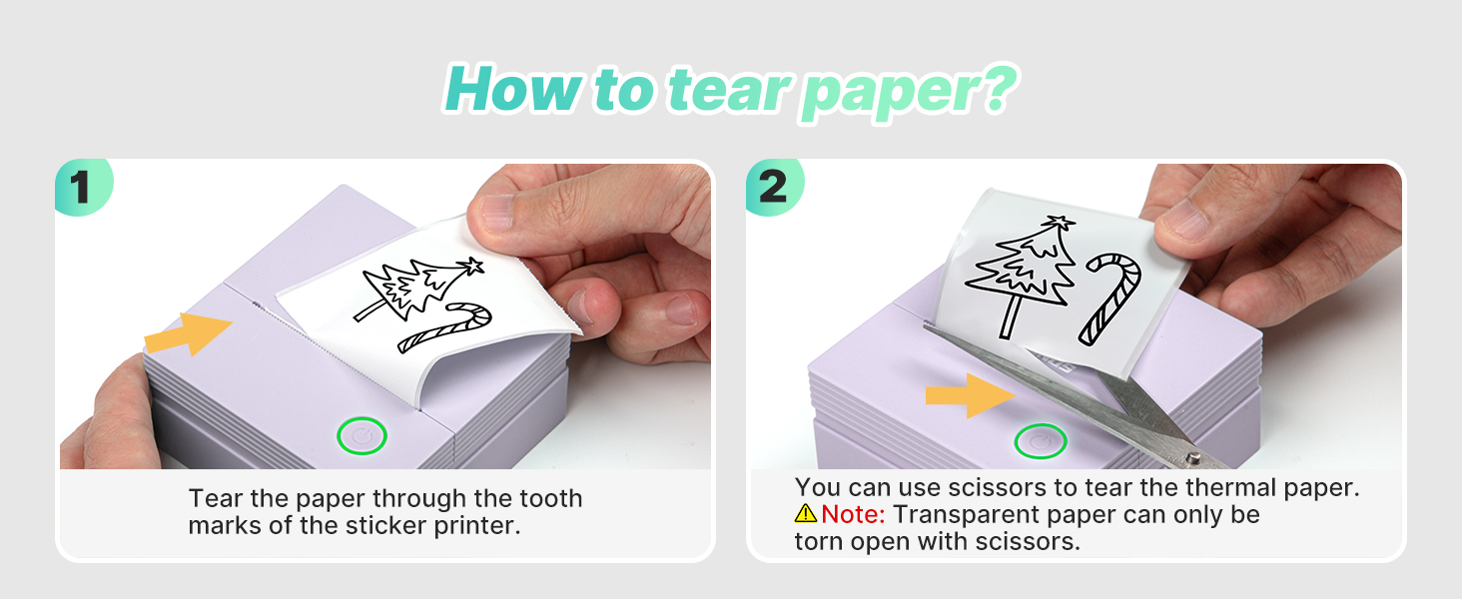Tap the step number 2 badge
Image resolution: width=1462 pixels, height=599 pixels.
(x=772, y=188)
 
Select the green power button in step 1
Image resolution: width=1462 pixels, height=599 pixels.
(x=362, y=436)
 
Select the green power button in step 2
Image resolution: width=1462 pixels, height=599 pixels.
(x=1040, y=440)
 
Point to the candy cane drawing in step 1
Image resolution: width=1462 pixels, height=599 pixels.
(x=446, y=329)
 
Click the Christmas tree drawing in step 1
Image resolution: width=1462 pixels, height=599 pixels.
(x=414, y=290)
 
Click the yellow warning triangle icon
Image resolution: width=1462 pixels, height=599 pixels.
(x=806, y=514)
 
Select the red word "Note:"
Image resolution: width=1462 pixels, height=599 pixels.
(x=854, y=515)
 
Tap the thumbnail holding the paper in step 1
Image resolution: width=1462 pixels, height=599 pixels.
(x=496, y=213)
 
